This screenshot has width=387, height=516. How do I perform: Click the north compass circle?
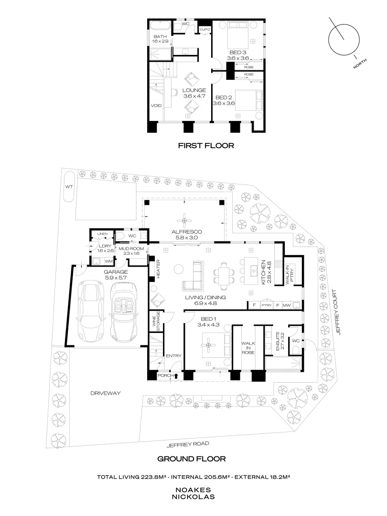pyautogui.click(x=344, y=24)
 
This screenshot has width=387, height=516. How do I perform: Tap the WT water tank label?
pyautogui.click(x=69, y=187)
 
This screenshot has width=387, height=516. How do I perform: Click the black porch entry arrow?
pyautogui.click(x=176, y=376)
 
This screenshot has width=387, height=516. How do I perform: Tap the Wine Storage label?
pyautogui.click(x=156, y=321)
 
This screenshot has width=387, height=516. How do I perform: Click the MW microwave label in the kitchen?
pyautogui.click(x=287, y=305)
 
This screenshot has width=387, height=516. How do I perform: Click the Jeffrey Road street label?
pyautogui.click(x=188, y=445)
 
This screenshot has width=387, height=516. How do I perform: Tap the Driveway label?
pyautogui.click(x=105, y=393)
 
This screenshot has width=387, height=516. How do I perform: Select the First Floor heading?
pyautogui.click(x=206, y=145)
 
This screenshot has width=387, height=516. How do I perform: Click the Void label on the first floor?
pyautogui.click(x=156, y=106)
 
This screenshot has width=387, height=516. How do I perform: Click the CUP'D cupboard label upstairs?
pyautogui.click(x=204, y=30)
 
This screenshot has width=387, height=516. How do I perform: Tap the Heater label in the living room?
pyautogui.click(x=158, y=269)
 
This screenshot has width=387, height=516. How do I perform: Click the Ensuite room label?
pyautogui.click(x=277, y=341)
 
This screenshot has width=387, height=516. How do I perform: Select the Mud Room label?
pyautogui.click(x=131, y=249)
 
